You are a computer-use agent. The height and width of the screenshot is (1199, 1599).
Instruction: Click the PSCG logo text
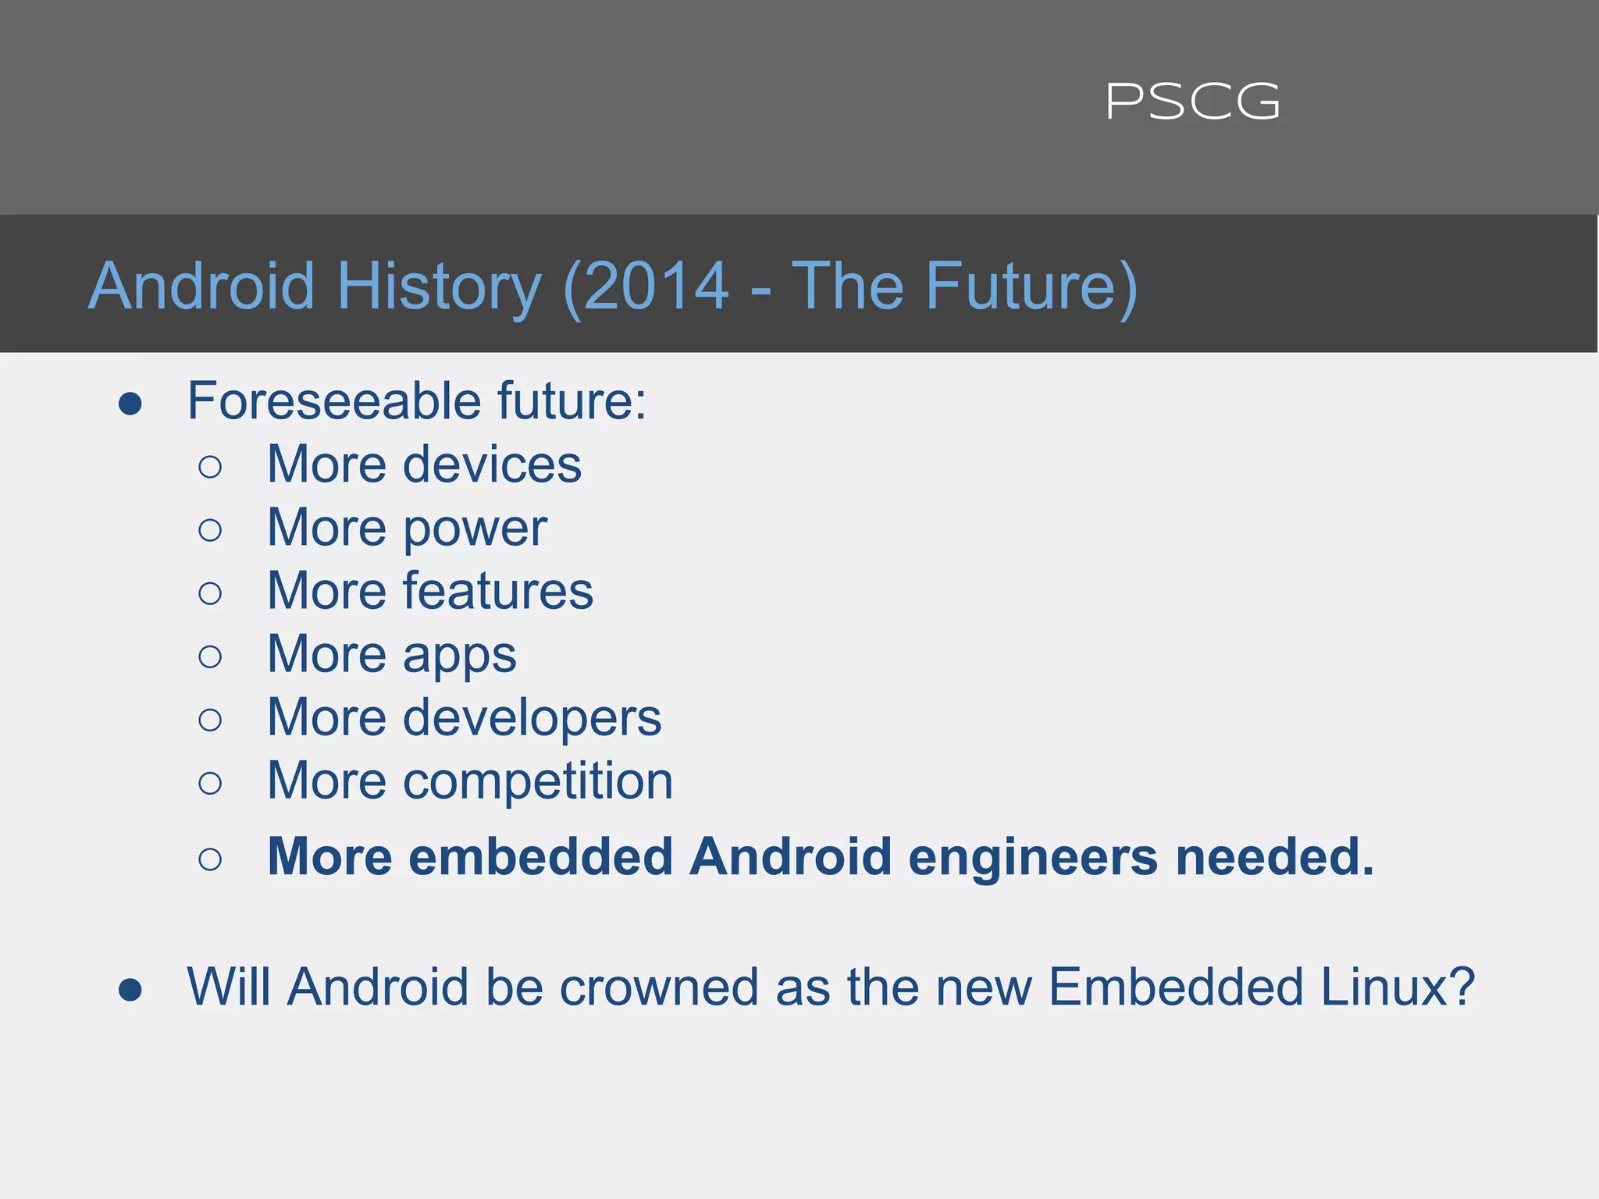1192,102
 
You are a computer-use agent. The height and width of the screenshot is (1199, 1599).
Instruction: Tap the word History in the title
439,286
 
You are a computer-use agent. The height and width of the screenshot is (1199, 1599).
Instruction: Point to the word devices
492,464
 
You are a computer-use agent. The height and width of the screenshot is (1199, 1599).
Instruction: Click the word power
475,529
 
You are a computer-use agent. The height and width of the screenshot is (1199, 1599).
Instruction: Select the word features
497,591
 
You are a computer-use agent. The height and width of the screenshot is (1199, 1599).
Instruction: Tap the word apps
459,655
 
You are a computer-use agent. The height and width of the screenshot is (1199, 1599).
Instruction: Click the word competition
537,781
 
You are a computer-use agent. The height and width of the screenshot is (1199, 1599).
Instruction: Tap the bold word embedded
540,857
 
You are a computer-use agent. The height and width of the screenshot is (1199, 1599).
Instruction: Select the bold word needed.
1274,857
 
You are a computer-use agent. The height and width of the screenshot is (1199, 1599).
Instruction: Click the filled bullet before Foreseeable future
130,404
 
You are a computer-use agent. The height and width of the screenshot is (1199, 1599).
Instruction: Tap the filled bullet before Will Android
130,991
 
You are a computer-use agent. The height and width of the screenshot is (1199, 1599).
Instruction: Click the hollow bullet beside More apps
210,656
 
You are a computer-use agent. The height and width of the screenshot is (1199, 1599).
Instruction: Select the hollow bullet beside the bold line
210,859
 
